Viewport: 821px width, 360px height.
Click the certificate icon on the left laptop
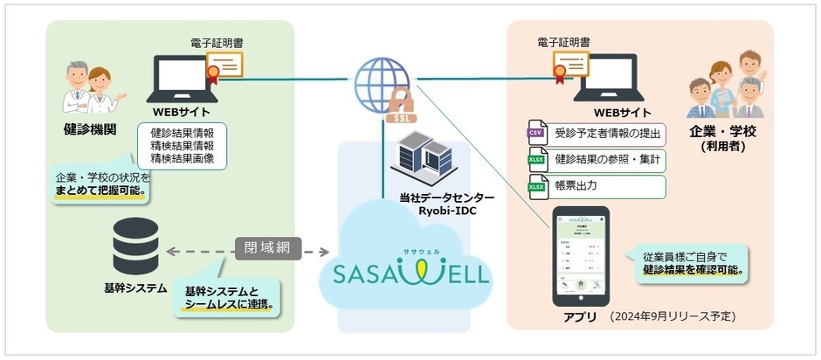pos(224,66)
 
